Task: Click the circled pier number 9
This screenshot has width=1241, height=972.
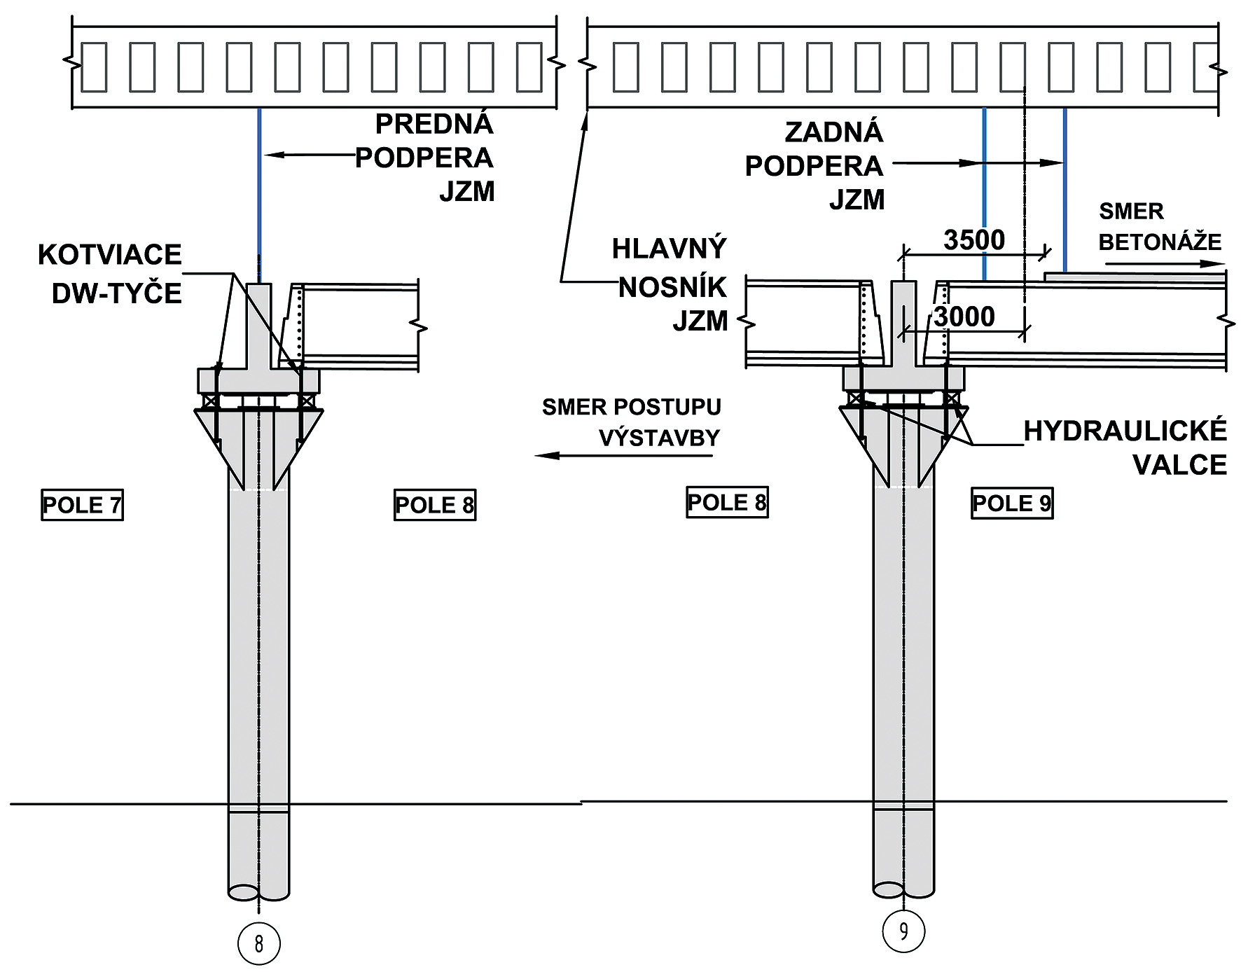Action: (x=903, y=931)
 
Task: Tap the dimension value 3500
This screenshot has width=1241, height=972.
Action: (x=974, y=240)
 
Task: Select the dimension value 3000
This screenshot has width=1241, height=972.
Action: (x=964, y=317)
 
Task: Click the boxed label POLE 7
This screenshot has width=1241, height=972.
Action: (x=83, y=505)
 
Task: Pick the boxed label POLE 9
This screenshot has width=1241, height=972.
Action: (x=1012, y=503)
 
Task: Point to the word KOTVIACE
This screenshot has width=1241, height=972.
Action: (x=110, y=255)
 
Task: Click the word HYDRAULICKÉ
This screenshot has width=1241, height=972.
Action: (x=1125, y=431)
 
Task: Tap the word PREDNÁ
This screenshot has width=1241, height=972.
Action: (x=434, y=124)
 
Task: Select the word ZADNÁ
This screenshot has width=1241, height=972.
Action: (x=833, y=132)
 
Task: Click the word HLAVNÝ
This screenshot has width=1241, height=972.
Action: (x=669, y=249)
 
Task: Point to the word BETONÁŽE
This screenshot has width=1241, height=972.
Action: (x=1160, y=242)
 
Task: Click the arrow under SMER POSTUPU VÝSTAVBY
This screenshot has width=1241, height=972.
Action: (x=623, y=456)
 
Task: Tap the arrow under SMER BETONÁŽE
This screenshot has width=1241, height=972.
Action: (x=1166, y=264)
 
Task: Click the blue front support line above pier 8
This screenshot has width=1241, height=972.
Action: (x=259, y=196)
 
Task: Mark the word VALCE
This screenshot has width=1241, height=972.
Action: (x=1179, y=465)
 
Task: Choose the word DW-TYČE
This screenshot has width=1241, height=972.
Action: (x=117, y=293)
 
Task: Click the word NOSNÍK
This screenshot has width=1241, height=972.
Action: (x=672, y=287)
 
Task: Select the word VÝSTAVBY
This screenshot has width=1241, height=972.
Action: (x=659, y=438)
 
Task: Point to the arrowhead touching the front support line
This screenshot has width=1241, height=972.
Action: (x=270, y=155)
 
